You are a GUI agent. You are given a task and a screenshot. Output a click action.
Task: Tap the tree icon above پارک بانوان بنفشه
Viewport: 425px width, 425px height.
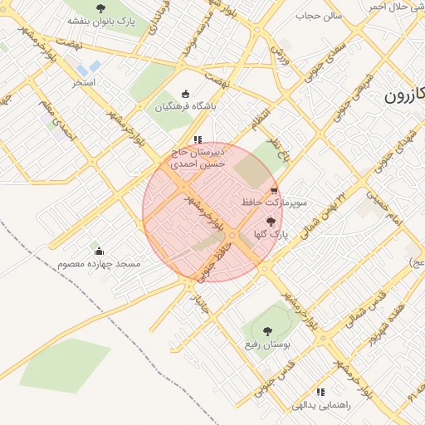pos(101,7)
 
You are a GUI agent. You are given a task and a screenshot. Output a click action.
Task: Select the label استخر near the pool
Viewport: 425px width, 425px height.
pos(85,82)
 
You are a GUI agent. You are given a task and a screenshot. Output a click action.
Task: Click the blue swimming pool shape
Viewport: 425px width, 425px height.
pos(89,66)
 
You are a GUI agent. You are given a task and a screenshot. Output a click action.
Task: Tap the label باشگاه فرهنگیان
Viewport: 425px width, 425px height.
pos(185,106)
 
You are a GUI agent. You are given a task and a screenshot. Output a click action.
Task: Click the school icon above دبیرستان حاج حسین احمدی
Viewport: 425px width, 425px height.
pos(197,139)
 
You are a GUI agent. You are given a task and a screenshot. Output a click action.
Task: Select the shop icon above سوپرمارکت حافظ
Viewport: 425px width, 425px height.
pos(275,190)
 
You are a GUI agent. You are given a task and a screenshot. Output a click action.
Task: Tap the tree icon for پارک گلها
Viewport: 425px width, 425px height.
pos(270,221)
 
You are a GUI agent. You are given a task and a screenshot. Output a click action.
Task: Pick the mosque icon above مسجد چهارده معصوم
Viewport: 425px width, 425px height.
pos(100,251)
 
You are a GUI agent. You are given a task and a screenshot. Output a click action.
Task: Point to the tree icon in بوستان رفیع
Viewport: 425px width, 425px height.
pos(266,331)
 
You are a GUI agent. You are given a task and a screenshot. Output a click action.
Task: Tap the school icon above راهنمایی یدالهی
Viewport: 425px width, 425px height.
pos(320,392)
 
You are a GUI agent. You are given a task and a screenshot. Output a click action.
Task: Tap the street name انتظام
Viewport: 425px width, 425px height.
pos(261,119)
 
